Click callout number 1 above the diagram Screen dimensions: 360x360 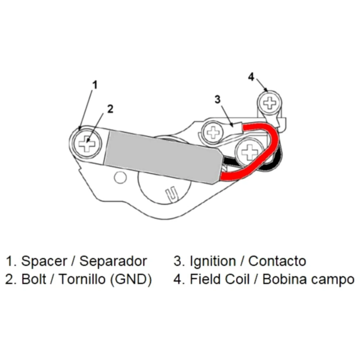95,85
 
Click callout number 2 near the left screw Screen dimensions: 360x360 110,108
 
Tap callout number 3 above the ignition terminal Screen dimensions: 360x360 217,99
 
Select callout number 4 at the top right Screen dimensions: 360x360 251,76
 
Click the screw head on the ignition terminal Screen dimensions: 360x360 214,132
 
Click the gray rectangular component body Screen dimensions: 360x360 162,155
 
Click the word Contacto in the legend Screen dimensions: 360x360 277,261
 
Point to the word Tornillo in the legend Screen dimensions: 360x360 84,279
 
